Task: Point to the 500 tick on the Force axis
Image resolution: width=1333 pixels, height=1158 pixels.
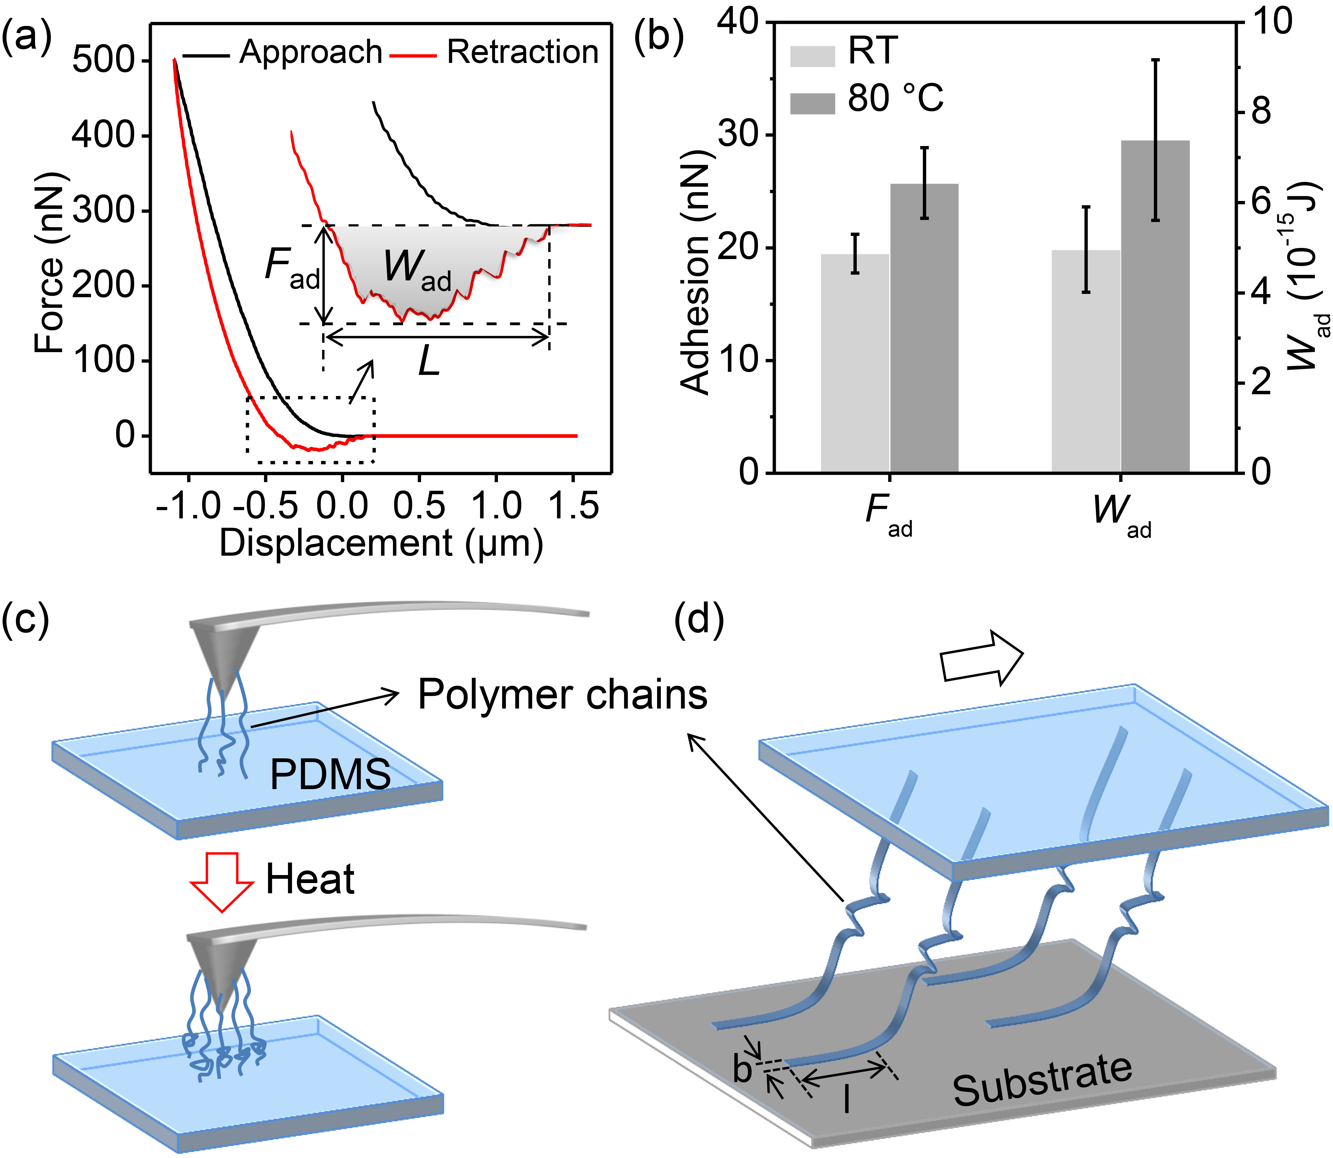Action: pyautogui.click(x=102, y=61)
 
